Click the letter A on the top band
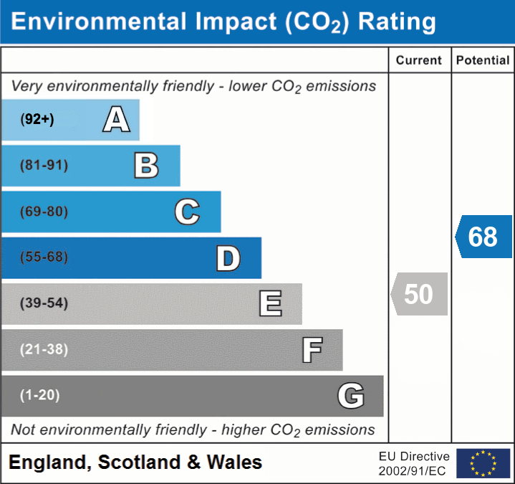point(116,120)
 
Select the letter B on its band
point(146,166)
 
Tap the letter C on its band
point(187,212)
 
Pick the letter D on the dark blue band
point(228,258)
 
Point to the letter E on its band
point(270,304)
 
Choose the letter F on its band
point(312,350)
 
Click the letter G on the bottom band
point(351,396)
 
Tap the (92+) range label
point(37,120)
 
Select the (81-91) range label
point(44,166)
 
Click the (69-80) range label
point(44,212)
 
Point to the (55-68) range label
point(44,257)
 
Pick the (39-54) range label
point(44,303)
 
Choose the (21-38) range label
point(44,350)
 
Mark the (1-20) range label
point(40,395)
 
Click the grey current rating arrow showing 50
point(420,294)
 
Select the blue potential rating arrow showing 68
point(484,237)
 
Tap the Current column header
point(419,61)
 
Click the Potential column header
point(483,61)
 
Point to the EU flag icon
point(483,463)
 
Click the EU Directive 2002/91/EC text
point(414,463)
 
